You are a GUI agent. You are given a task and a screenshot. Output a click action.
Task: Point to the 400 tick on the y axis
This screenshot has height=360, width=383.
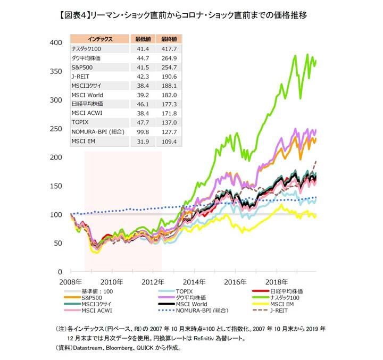pyautogui.click(x=55, y=43)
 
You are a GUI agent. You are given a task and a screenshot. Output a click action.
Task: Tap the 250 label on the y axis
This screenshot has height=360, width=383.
pyautogui.click(x=55, y=129)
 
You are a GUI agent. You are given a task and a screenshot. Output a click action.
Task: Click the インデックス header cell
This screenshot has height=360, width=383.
pyautogui.click(x=100, y=39)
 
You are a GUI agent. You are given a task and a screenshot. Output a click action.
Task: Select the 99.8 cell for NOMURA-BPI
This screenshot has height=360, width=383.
pyautogui.click(x=141, y=131)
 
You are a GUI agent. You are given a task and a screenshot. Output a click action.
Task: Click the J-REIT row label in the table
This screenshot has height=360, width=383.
pyautogui.click(x=81, y=77)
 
